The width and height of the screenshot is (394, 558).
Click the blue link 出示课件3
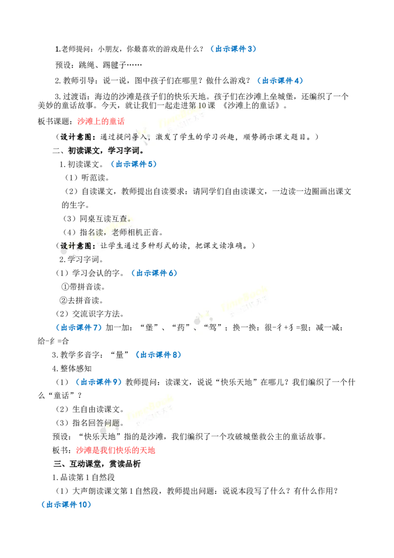pos(233,49)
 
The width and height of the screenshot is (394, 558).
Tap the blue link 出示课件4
pos(280,81)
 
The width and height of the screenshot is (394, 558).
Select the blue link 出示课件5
pos(133,164)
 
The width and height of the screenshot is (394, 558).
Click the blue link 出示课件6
pos(154,273)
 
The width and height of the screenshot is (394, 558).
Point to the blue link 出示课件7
pos(79,327)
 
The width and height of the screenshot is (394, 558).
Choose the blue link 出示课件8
pos(158,355)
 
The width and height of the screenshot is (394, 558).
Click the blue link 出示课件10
pos(66,505)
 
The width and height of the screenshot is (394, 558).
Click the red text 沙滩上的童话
pos(101,121)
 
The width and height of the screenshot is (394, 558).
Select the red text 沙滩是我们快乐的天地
pos(116,450)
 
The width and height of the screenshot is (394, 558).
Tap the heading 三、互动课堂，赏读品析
pos(97,464)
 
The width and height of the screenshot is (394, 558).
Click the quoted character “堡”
pos(149,327)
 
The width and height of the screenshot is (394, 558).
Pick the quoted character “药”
pos(181,327)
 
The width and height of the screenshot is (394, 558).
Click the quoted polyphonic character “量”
pos(120,355)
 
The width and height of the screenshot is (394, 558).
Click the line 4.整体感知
pos(72,368)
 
